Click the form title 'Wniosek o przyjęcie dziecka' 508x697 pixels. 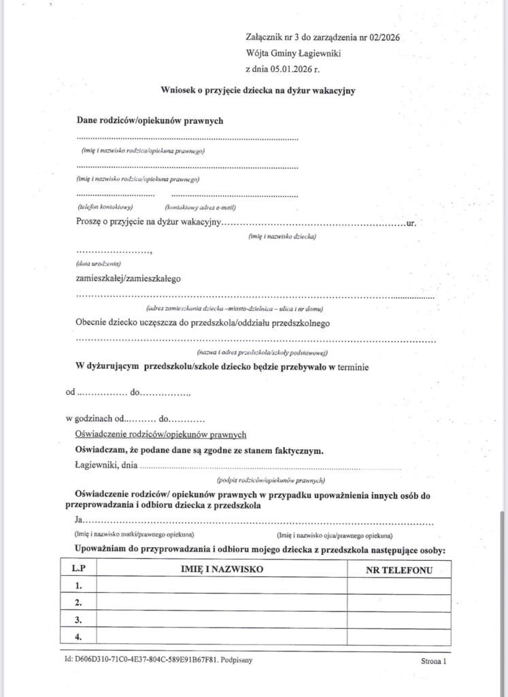[x=258, y=90]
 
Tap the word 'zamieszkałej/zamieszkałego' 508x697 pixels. [x=129, y=278]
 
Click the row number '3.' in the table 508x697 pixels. [x=78, y=619]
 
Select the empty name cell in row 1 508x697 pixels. [x=222, y=585]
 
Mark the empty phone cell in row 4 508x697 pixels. [x=399, y=636]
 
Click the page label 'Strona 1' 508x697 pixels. [x=433, y=661]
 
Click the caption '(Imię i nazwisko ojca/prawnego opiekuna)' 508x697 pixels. [x=335, y=535]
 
